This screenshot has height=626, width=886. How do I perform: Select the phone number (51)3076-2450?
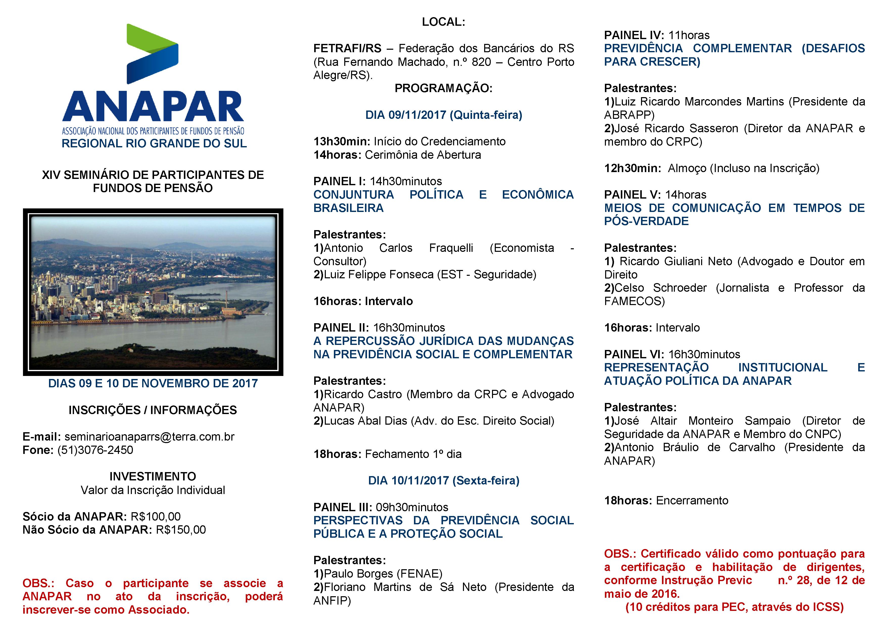[x=95, y=450]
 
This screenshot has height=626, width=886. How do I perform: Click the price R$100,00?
[x=156, y=516]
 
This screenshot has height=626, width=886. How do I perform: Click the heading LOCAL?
[x=444, y=22]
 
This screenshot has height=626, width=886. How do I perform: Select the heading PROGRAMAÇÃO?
[x=444, y=88]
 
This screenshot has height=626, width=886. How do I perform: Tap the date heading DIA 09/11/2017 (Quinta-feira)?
[x=444, y=115]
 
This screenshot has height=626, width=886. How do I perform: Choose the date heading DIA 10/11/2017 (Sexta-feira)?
[x=444, y=481]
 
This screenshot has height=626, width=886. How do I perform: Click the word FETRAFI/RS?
[x=347, y=48]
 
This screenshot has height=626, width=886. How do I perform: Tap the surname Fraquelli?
[x=451, y=248]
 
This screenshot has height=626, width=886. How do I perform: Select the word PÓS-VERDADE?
[x=646, y=221]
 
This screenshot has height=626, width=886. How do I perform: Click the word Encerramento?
[x=692, y=500]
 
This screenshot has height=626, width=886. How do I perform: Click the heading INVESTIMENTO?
[x=153, y=476]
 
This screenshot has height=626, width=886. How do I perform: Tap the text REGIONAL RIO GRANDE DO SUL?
[x=154, y=143]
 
